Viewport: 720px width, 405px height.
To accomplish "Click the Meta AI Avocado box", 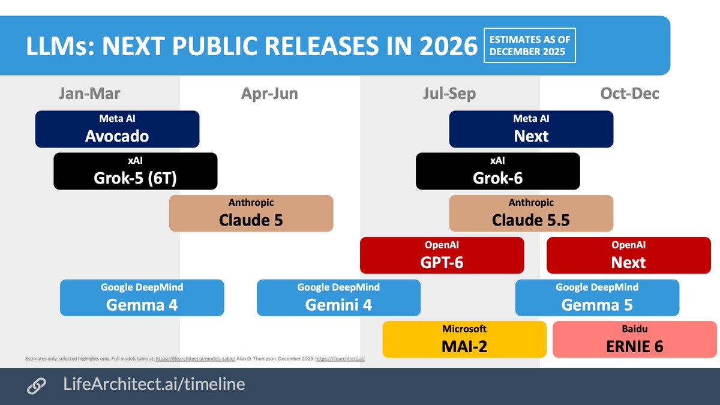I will tap(117, 129).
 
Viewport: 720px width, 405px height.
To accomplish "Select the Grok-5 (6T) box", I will tap(135, 171).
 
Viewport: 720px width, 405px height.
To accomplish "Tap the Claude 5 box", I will tap(251, 213).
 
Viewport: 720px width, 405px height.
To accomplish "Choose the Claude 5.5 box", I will tap(531, 213).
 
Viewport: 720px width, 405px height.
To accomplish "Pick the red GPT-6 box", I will tap(442, 255).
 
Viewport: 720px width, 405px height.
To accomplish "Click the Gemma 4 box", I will tap(142, 297).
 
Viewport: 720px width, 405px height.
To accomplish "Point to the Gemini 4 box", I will tap(338, 297).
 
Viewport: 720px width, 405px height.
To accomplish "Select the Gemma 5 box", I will tap(597, 297).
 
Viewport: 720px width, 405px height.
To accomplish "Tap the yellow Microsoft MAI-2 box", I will tap(464, 339).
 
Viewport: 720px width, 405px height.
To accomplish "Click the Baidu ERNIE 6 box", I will tap(634, 339).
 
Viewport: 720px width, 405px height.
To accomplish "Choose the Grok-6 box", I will tap(497, 171).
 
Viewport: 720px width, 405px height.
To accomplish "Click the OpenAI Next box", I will tap(628, 255).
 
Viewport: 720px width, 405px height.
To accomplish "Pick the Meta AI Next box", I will tap(531, 129).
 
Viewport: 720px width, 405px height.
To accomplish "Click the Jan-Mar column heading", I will tap(89, 94).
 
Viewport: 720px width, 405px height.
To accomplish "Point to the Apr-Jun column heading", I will tap(269, 94).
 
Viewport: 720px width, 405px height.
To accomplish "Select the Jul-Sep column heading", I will tap(449, 94).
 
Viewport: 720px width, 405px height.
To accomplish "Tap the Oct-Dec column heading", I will tap(629, 94).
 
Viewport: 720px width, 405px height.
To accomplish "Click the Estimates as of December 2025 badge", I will tap(529, 45).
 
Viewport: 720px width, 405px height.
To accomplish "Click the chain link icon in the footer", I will tap(37, 386).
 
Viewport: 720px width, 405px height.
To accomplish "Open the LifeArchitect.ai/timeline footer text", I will tap(154, 385).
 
